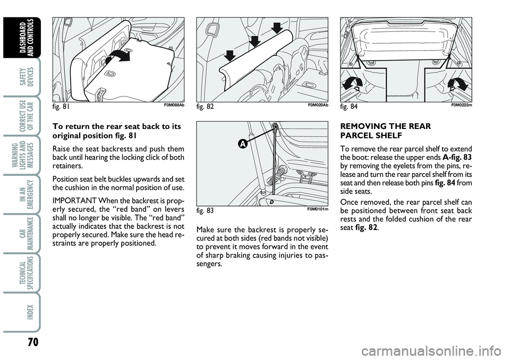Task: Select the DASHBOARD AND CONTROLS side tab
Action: point(26,37)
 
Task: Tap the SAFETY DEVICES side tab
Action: point(26,77)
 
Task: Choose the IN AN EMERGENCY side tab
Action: point(26,194)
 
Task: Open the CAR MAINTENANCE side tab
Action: point(26,233)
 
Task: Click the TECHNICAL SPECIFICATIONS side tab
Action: point(26,272)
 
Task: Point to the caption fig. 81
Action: point(61,106)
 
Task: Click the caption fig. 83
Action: point(205,210)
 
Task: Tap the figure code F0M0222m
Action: point(462,105)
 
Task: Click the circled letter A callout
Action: point(242,144)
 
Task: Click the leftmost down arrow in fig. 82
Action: point(229,56)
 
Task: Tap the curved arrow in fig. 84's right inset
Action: point(458,84)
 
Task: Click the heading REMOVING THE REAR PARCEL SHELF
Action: point(386,131)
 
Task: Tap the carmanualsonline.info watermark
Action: point(431,352)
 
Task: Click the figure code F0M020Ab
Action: point(318,105)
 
